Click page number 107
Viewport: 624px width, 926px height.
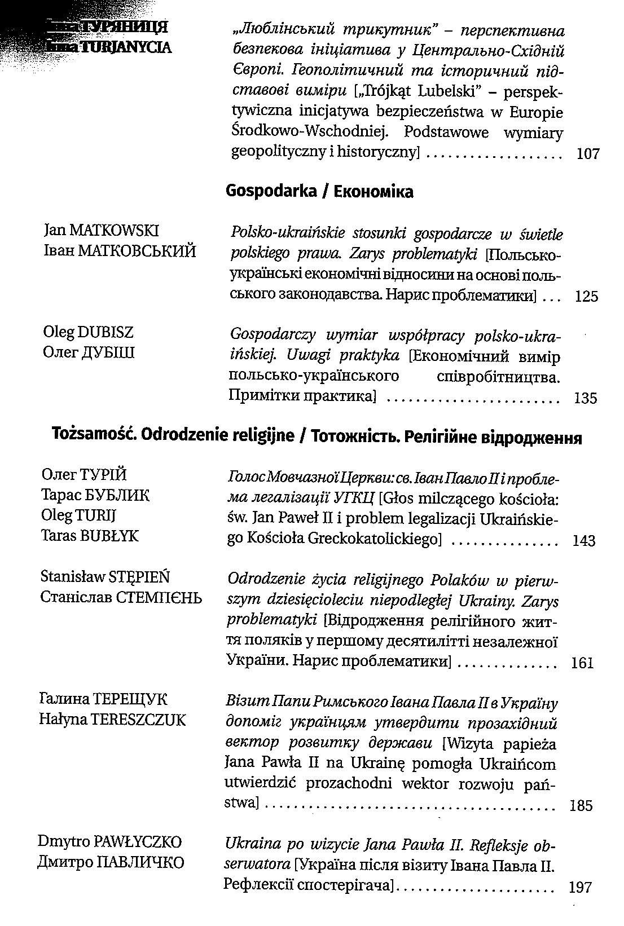tap(588, 153)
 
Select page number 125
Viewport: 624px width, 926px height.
tap(586, 296)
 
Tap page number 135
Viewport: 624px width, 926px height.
tap(585, 398)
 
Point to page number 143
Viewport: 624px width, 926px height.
tap(583, 541)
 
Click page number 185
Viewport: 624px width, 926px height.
tap(581, 805)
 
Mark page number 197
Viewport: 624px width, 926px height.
tap(580, 888)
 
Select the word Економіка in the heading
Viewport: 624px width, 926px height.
tap(373, 192)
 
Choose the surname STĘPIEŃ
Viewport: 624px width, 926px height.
tap(137, 577)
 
